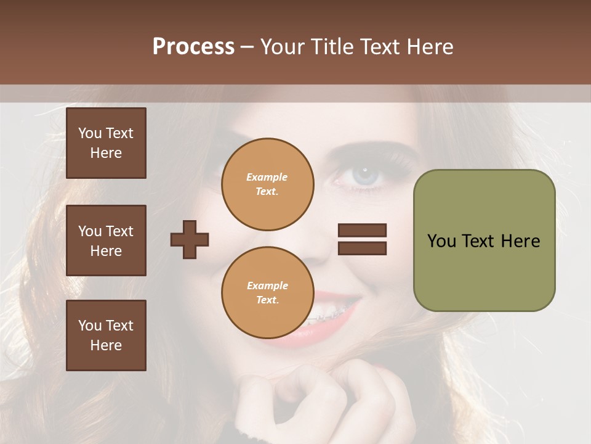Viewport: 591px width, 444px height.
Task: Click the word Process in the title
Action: (x=193, y=46)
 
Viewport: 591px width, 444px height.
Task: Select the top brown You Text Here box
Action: (x=106, y=143)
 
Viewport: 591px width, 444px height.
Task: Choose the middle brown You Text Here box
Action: (x=106, y=240)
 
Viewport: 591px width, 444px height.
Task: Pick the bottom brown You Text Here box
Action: (x=106, y=335)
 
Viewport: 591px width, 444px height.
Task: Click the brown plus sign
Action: (x=190, y=239)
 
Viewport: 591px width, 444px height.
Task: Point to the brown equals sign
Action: (x=362, y=239)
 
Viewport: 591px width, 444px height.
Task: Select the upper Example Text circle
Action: (x=267, y=184)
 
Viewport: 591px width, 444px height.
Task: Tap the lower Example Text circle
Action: (x=267, y=293)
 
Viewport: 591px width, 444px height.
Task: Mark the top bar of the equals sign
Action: (x=362, y=231)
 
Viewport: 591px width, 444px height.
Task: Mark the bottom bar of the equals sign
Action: (x=362, y=248)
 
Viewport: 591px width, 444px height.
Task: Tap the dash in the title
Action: (x=247, y=47)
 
